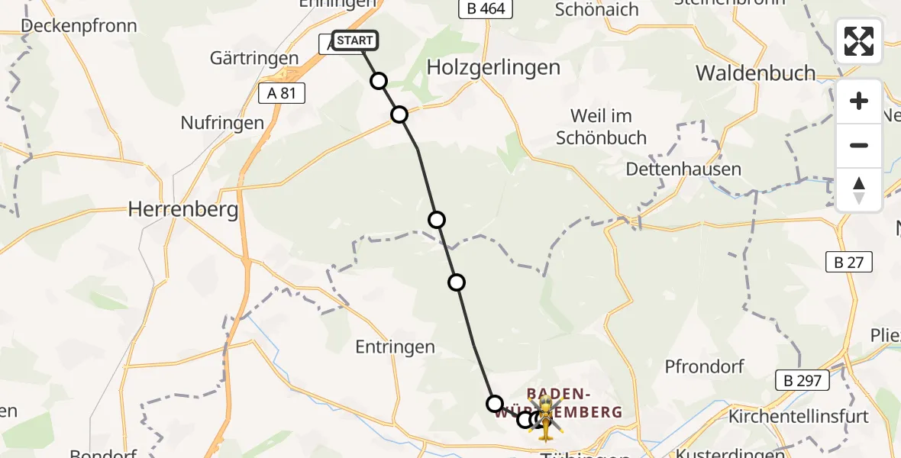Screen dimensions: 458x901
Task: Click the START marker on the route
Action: [355, 40]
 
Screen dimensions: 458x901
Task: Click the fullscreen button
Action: [859, 41]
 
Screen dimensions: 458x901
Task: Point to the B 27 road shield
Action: [849, 262]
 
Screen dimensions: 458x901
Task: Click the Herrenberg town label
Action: [183, 209]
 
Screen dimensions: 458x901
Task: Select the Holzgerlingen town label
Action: [493, 67]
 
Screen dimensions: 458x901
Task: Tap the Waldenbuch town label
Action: [756, 73]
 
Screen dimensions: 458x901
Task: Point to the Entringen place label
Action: [395, 347]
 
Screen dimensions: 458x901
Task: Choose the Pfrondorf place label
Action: [704, 366]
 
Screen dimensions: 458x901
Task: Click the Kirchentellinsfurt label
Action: [799, 417]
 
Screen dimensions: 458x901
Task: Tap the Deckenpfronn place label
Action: [79, 26]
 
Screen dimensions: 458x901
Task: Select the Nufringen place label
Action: [222, 122]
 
